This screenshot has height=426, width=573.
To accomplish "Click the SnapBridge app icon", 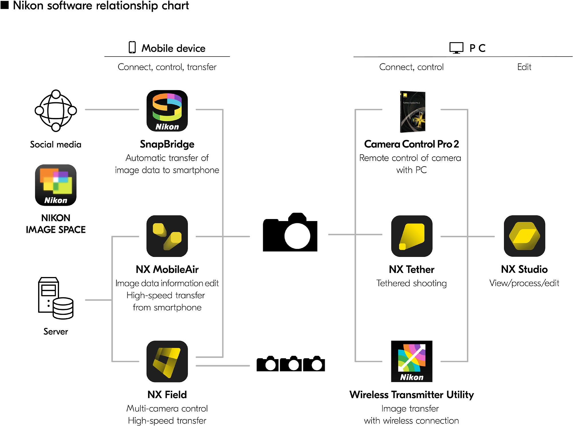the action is (167, 111).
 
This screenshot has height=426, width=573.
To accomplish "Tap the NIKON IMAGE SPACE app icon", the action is (56, 185).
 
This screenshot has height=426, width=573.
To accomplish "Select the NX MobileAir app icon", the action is (167, 236).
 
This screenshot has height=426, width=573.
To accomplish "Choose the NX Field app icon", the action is (167, 361).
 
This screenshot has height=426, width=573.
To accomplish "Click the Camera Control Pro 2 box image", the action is (413, 112).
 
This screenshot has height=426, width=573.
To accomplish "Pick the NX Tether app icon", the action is (412, 236).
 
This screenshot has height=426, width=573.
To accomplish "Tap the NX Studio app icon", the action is (524, 236).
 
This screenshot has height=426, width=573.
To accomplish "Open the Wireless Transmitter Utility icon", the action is (412, 361).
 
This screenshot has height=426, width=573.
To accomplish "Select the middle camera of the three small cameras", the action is (291, 364).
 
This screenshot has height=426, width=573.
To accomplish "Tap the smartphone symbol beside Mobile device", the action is (132, 47).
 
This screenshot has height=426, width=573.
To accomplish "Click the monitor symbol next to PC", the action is (456, 48).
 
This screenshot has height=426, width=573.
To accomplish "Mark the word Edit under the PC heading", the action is (524, 67).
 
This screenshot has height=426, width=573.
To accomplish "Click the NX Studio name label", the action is (524, 269).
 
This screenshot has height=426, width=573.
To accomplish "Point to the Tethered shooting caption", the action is (411, 283).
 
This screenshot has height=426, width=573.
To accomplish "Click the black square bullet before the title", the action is (5, 5).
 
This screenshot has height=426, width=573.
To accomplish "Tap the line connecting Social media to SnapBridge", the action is (112, 109).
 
